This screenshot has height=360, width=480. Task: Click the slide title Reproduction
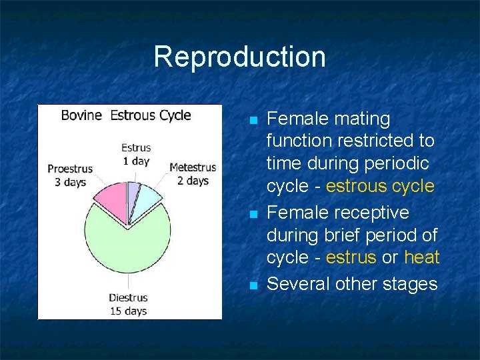(x=239, y=57)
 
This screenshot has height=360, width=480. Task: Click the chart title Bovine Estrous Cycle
(x=126, y=115)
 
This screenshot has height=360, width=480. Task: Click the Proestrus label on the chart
(x=70, y=169)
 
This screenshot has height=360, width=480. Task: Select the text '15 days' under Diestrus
(x=129, y=310)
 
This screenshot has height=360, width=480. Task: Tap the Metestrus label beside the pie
(x=193, y=167)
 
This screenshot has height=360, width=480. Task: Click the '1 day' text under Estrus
(x=136, y=161)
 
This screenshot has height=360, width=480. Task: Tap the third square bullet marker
(x=253, y=285)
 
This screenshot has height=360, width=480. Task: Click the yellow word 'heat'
(x=421, y=257)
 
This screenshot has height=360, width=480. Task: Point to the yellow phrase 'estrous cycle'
(x=379, y=186)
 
